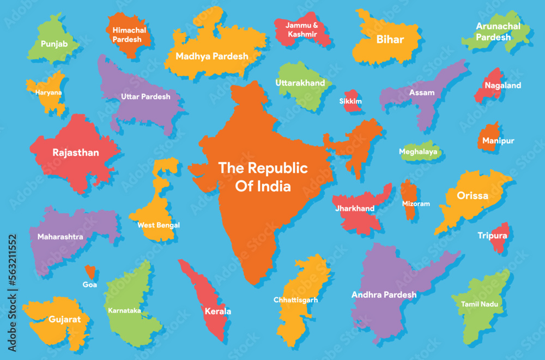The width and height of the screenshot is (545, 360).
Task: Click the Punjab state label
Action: pos(54,43)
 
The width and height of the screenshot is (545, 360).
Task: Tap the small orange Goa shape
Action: pos(90,271)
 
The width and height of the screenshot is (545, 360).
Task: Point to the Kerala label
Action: pos(217,311)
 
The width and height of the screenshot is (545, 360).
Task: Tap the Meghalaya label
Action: pos(417,152)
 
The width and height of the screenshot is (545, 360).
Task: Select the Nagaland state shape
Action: pos(489,86)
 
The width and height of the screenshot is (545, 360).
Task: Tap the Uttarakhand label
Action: pos(300,83)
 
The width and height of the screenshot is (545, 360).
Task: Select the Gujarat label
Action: pos(65,319)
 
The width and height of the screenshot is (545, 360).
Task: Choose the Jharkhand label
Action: pos(355,208)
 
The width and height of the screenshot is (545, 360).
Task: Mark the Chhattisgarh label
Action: pos(295,299)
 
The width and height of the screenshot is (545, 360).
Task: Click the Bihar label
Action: pos(390,39)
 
